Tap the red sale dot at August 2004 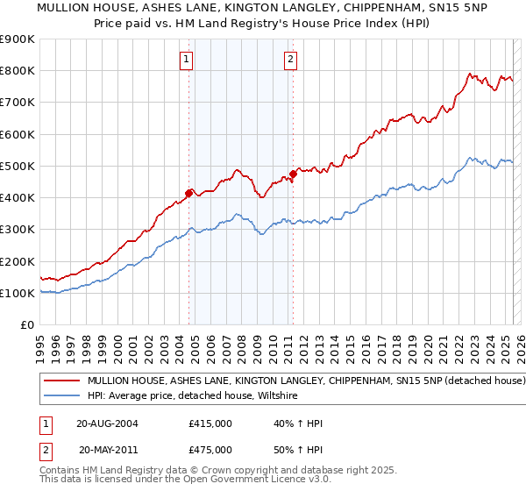click(188, 192)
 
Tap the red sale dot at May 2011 click(293, 174)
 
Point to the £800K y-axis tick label click(18, 71)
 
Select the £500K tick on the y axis click(18, 166)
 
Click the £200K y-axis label click(18, 261)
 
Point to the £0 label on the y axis click(27, 324)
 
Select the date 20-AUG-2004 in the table click(107, 423)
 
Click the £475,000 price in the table click(210, 449)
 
